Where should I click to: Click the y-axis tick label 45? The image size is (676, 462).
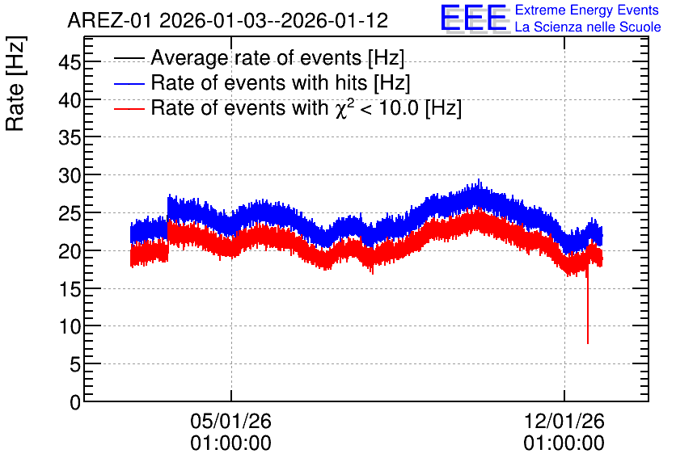click(x=70, y=63)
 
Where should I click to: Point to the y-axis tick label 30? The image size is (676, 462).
click(x=70, y=176)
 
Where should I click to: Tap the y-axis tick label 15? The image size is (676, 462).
click(x=70, y=289)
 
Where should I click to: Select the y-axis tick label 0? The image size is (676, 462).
click(x=75, y=402)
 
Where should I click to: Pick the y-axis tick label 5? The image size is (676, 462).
click(x=75, y=365)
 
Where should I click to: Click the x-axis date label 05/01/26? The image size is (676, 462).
click(x=230, y=421)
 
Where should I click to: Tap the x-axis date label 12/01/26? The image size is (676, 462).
click(x=564, y=421)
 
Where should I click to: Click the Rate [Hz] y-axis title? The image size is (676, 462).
click(x=16, y=83)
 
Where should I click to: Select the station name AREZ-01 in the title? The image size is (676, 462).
click(x=110, y=21)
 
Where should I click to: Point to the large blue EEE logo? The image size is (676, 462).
click(x=474, y=18)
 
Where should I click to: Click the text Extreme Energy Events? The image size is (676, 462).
click(x=587, y=10)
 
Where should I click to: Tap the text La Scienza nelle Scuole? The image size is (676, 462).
click(x=588, y=27)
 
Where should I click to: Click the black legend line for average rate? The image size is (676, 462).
click(x=129, y=58)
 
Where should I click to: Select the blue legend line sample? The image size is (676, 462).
click(x=129, y=83)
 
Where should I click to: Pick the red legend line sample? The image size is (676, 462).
click(x=129, y=108)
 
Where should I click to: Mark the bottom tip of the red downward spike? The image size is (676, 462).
click(x=588, y=343)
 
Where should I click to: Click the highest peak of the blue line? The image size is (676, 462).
click(x=479, y=179)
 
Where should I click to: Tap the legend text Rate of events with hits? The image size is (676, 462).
click(x=259, y=83)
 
